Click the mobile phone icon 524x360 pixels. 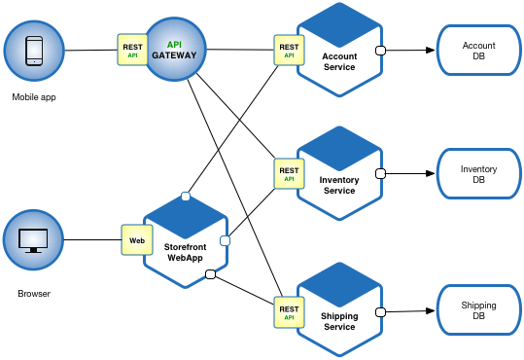tap(32, 50)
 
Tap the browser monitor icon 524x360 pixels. tap(32, 239)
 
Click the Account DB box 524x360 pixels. tap(478, 51)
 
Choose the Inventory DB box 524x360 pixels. tap(478, 175)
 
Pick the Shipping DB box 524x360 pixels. tap(478, 311)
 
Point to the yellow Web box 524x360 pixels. tap(136, 239)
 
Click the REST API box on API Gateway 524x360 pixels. tap(133, 50)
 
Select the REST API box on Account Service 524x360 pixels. tap(289, 50)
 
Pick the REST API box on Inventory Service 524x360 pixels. tap(289, 174)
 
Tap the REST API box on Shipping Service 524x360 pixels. tap(289, 311)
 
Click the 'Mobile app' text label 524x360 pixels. tap(32, 97)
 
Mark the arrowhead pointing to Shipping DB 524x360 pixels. tap(428, 311)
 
